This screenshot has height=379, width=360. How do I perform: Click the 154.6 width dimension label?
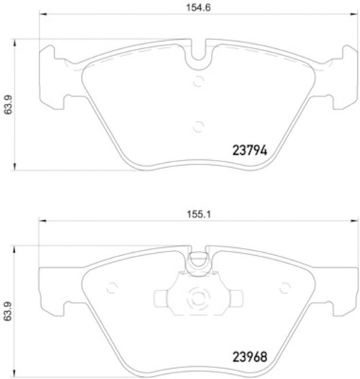click(199, 7)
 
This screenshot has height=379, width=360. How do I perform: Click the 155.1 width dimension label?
click(199, 214)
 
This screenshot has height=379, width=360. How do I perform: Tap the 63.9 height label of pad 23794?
click(8, 104)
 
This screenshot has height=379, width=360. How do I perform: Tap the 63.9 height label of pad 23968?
click(8, 311)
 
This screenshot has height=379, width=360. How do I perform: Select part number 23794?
click(250, 151)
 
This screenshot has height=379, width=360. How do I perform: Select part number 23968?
click(250, 357)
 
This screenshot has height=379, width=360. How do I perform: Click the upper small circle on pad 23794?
click(199, 81)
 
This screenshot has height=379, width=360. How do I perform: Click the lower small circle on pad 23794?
click(199, 126)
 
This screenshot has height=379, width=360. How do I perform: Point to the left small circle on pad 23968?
click(112, 287)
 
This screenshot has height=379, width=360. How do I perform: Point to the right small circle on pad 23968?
click(285, 287)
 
